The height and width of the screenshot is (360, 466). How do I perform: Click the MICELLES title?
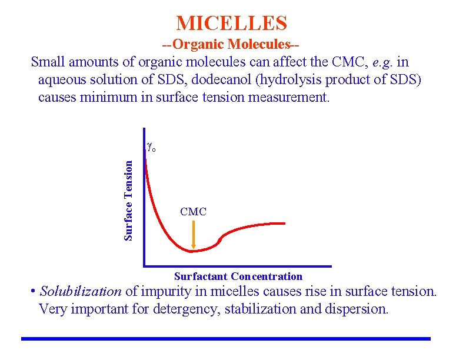tap(232, 23)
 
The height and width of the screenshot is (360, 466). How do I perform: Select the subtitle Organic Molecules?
tap(232, 44)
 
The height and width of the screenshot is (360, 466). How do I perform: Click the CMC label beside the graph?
tap(193, 211)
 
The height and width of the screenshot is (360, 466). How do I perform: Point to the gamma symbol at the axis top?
tap(150, 147)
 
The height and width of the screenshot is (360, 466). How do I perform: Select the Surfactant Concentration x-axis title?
tap(238, 276)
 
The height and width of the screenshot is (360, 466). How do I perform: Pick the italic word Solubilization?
tap(81, 291)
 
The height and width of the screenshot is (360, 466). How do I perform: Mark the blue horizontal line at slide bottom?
tap(226, 339)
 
